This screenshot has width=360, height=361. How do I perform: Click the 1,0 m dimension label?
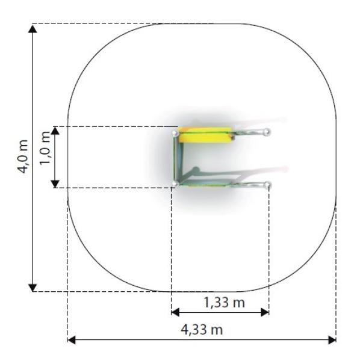[x=45, y=148]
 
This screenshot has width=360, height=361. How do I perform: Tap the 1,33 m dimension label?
[x=225, y=302]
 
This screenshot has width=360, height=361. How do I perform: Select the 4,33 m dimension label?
[x=202, y=330]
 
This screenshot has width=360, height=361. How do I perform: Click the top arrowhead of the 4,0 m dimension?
[x=33, y=29]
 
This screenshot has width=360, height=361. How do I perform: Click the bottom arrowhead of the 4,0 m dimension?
[x=33, y=288]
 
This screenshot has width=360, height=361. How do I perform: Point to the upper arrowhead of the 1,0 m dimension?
[x=55, y=131]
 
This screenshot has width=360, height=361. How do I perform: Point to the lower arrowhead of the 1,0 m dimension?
[x=55, y=184]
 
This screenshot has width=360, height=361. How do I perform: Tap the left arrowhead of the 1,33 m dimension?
[x=176, y=312]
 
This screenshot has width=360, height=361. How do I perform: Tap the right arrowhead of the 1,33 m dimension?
[x=265, y=312]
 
